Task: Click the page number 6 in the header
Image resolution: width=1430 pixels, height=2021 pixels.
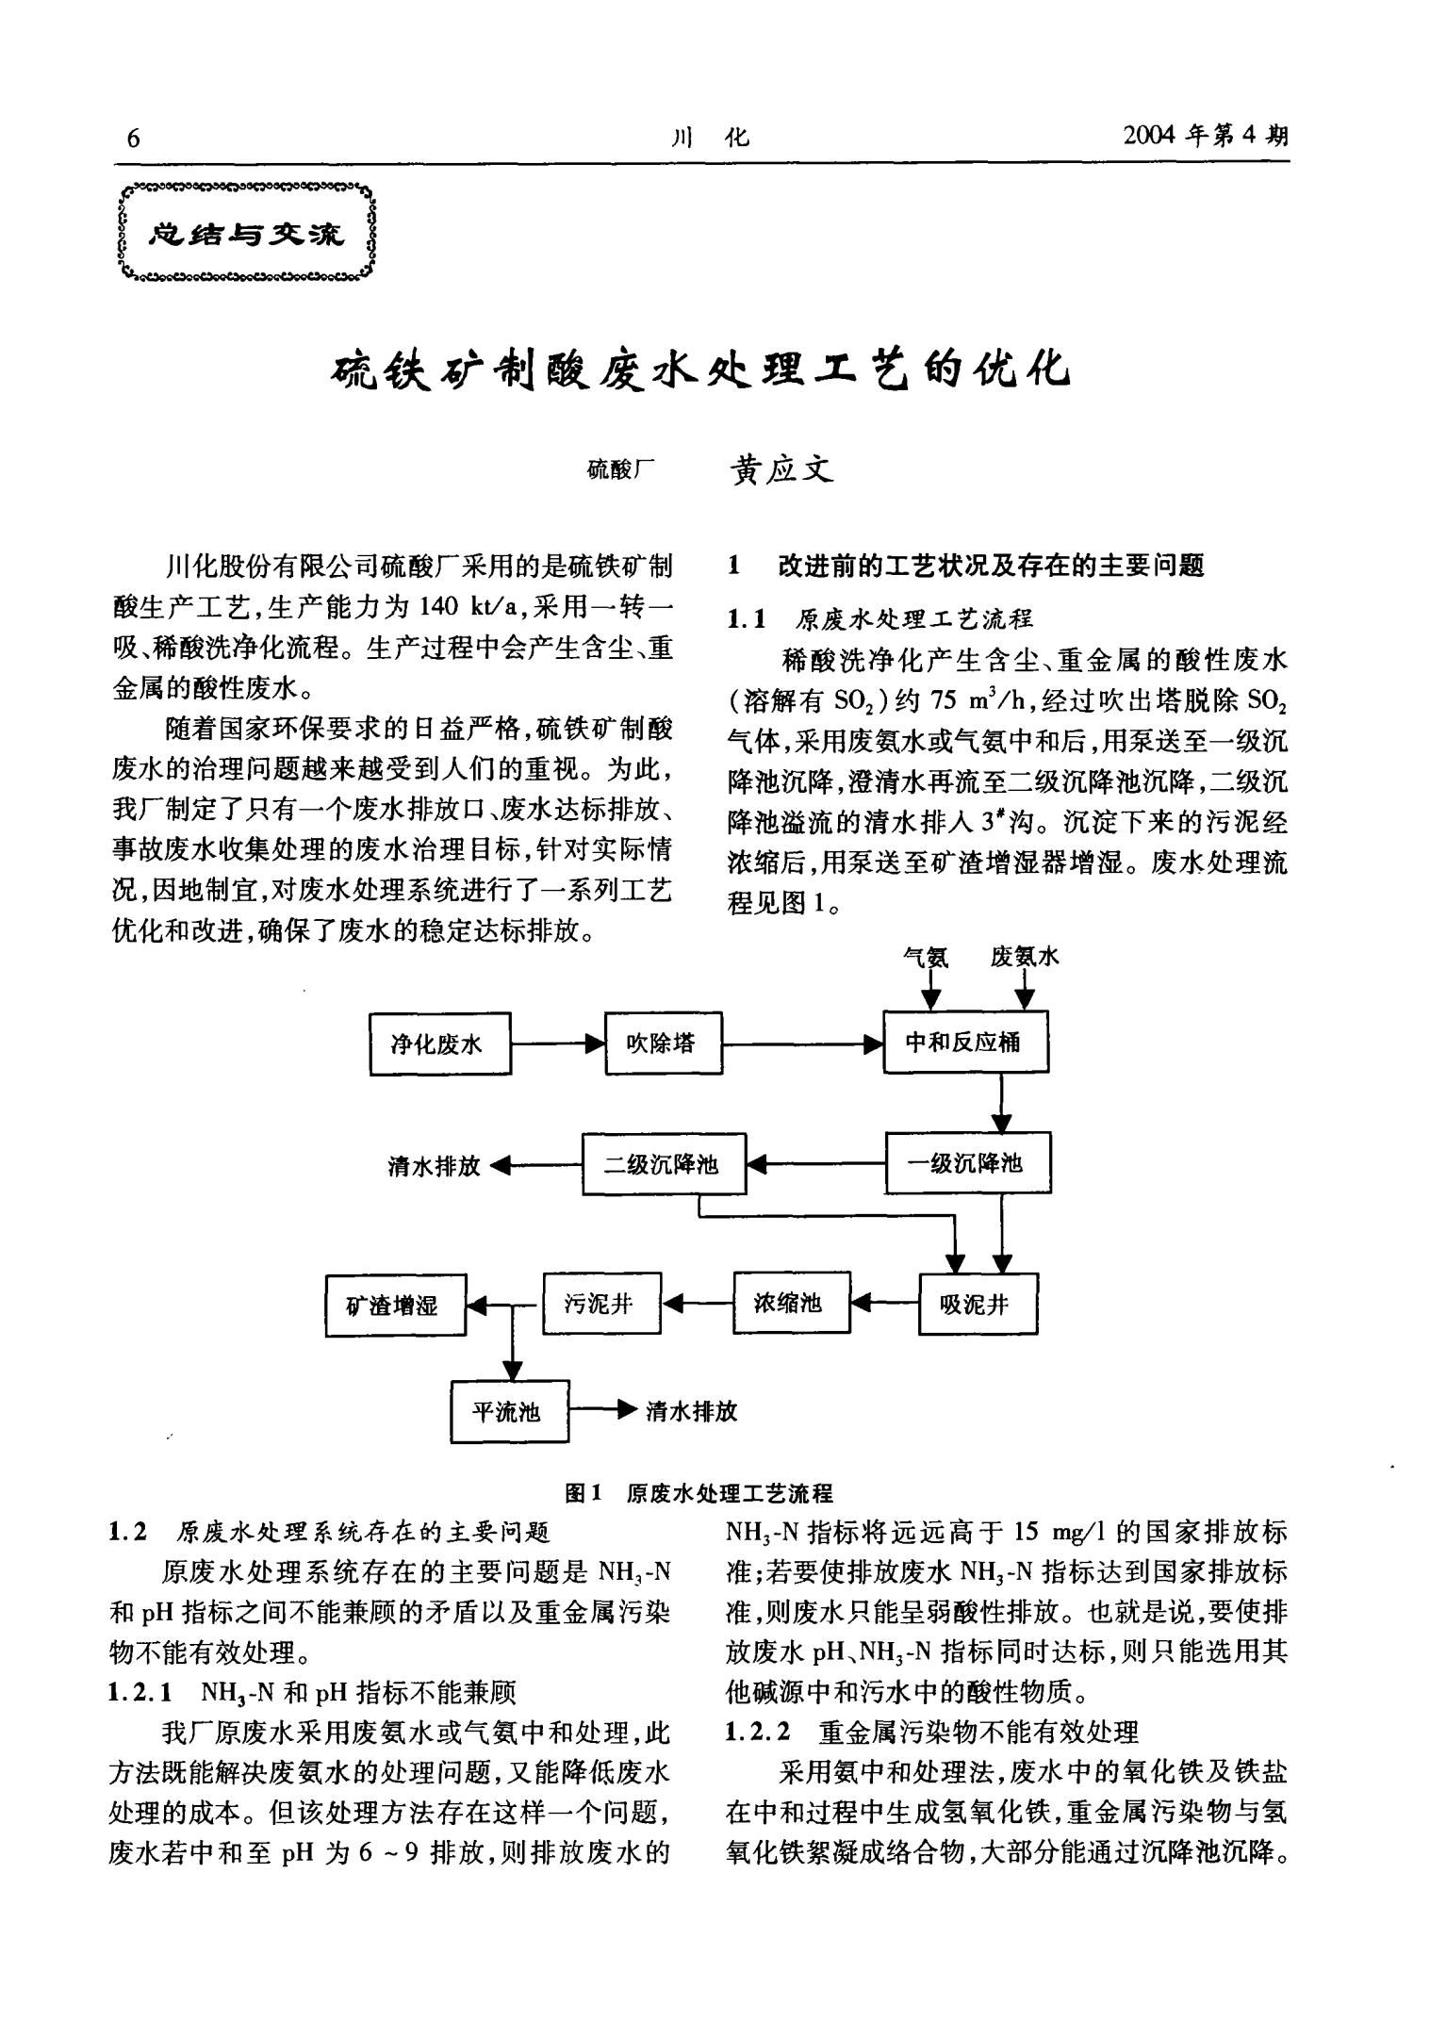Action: (133, 139)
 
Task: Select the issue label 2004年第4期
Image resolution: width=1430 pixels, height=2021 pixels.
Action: (1206, 137)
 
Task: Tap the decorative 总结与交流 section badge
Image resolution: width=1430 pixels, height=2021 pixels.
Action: (249, 233)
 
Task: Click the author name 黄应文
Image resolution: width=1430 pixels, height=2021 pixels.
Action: (781, 469)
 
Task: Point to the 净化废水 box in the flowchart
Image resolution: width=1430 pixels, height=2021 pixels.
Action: (440, 1043)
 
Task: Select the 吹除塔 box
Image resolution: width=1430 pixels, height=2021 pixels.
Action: (663, 1043)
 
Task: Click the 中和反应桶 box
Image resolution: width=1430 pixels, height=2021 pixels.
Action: (964, 1043)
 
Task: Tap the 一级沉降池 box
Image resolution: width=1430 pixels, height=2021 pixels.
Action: (968, 1163)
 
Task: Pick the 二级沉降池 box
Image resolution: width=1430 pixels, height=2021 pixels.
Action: (664, 1164)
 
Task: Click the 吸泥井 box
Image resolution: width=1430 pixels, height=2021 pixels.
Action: (978, 1305)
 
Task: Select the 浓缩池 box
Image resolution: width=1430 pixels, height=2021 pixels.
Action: (791, 1303)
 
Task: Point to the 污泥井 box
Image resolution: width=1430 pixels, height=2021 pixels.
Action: (601, 1304)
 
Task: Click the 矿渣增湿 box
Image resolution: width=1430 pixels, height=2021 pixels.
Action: (396, 1306)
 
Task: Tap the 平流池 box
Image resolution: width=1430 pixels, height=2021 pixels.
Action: (510, 1411)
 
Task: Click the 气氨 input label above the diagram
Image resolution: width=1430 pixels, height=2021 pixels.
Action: (926, 958)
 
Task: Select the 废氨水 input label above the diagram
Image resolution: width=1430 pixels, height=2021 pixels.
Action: (1025, 958)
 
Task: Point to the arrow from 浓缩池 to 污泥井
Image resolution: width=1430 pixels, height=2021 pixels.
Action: (698, 1304)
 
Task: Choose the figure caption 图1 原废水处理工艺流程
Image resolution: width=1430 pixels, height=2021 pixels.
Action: (699, 1493)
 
